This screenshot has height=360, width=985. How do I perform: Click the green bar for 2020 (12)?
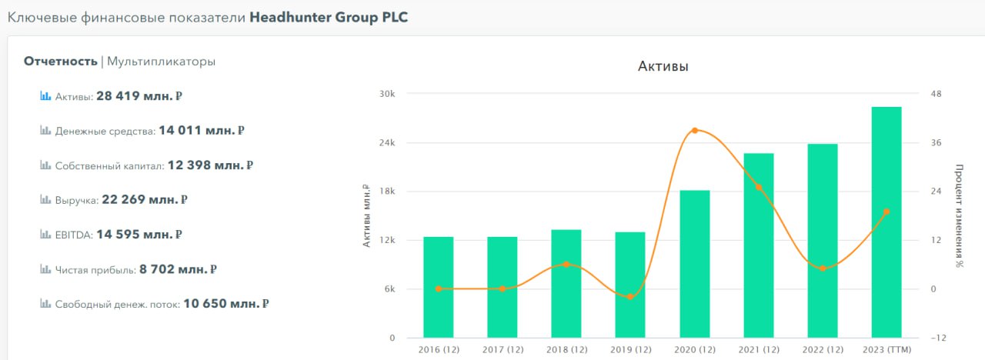(x=695, y=264)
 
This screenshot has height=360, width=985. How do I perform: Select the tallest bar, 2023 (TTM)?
(x=886, y=222)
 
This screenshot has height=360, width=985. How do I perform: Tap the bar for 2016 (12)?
(x=439, y=287)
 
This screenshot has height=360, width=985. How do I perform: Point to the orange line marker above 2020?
(x=695, y=131)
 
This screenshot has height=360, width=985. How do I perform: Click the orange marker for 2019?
(x=630, y=297)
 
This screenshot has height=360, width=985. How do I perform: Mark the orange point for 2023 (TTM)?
(x=886, y=212)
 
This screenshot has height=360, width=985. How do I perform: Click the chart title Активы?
(x=663, y=66)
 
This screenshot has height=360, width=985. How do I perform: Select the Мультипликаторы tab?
(x=162, y=62)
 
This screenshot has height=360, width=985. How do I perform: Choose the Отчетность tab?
(x=61, y=62)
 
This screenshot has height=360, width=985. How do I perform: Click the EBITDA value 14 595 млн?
(x=139, y=235)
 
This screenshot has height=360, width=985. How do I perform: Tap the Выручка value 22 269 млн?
(x=145, y=199)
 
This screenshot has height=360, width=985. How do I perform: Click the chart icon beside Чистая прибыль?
(x=45, y=268)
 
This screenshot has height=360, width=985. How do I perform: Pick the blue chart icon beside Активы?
(x=45, y=95)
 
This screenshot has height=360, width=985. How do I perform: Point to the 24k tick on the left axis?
(x=387, y=143)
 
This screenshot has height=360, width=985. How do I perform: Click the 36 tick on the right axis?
(x=937, y=143)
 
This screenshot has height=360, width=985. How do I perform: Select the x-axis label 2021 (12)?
(x=759, y=350)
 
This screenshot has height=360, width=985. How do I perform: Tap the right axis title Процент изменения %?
(x=960, y=216)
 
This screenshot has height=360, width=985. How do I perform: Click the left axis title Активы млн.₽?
(x=366, y=216)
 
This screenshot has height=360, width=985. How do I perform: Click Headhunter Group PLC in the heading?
(x=329, y=18)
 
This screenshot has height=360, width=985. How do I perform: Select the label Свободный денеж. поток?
(x=118, y=304)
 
